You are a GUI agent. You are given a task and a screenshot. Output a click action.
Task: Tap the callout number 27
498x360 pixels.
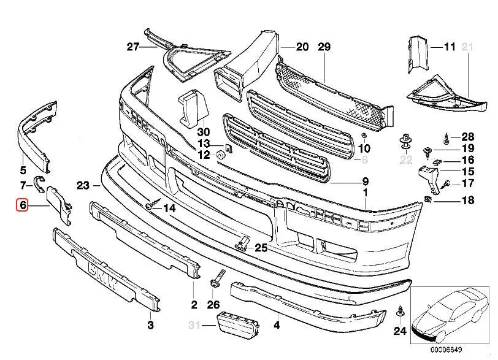[134, 47]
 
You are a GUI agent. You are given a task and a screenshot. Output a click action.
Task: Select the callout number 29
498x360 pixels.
[324, 47]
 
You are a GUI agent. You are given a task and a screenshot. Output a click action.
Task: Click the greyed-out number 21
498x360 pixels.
[470, 47]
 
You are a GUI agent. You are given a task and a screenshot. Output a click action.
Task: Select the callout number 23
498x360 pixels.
[84, 185]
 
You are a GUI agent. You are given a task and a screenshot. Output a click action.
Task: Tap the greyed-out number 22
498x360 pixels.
[405, 161]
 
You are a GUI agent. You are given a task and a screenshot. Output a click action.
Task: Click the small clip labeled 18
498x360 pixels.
[429, 199]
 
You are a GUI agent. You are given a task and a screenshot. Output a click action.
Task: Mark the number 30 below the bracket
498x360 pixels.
[204, 132]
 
